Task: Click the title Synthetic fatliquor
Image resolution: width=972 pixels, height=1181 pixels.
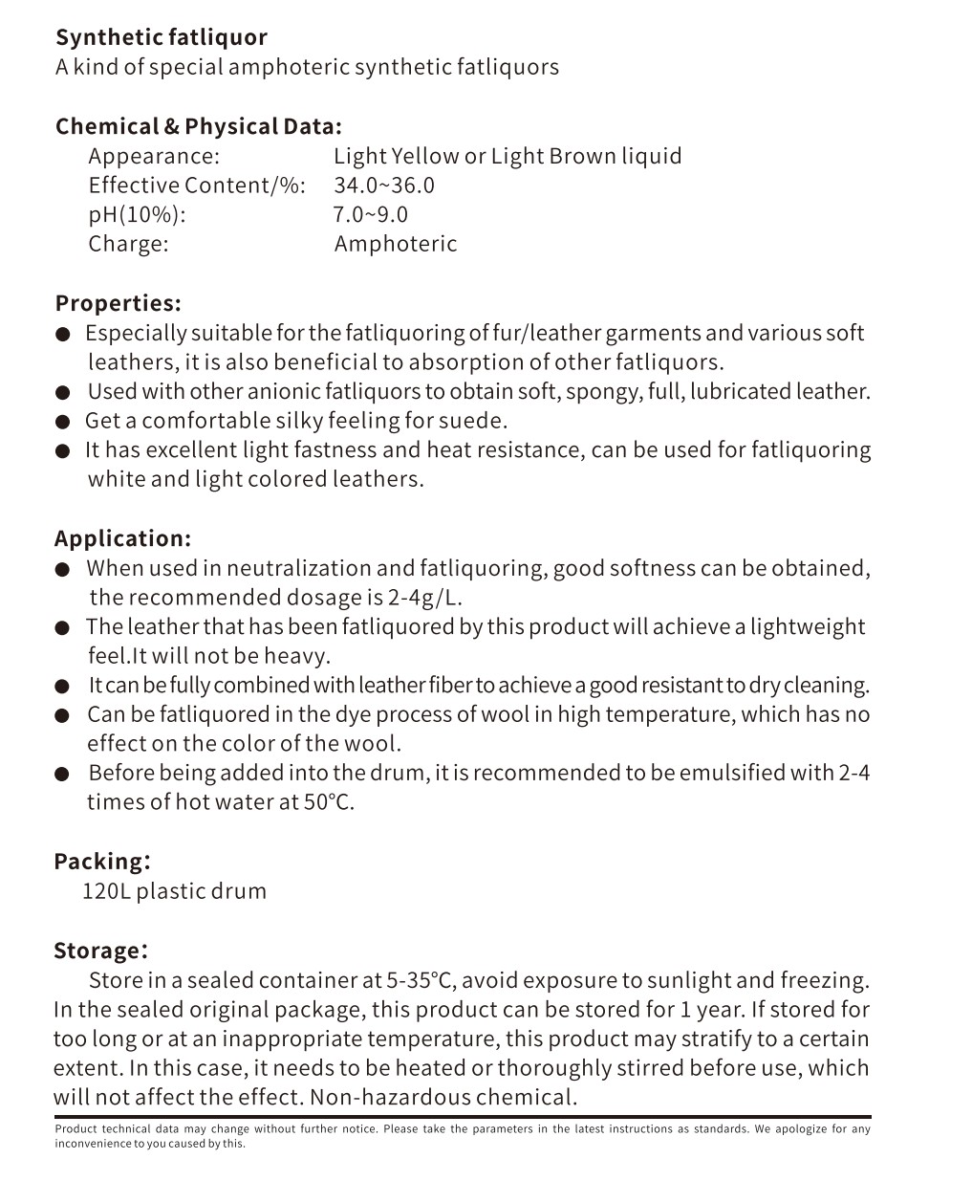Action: (x=161, y=37)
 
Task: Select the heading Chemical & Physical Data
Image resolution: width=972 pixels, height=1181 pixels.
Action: (x=198, y=126)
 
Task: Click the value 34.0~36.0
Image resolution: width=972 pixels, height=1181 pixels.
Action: (x=383, y=186)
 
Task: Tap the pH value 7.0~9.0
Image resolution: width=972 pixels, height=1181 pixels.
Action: (x=370, y=214)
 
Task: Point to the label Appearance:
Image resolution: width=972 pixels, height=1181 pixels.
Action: (x=154, y=156)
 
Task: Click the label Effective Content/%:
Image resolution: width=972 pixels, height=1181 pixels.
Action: (x=197, y=186)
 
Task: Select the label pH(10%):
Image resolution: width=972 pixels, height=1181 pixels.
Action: (x=137, y=214)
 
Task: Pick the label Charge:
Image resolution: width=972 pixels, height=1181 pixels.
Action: (x=128, y=244)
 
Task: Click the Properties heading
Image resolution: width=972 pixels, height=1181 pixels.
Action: (x=118, y=303)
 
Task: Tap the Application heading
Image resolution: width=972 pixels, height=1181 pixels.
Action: (x=122, y=538)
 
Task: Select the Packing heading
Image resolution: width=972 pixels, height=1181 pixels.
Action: (x=101, y=861)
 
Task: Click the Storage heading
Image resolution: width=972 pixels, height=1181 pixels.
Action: (x=100, y=951)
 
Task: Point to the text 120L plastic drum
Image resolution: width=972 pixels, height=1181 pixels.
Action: (x=174, y=891)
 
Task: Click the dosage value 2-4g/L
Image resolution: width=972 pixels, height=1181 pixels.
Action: (x=425, y=598)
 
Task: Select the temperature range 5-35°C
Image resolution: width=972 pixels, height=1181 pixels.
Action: (x=421, y=980)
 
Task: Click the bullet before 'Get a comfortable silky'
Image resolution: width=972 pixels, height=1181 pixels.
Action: (x=63, y=422)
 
